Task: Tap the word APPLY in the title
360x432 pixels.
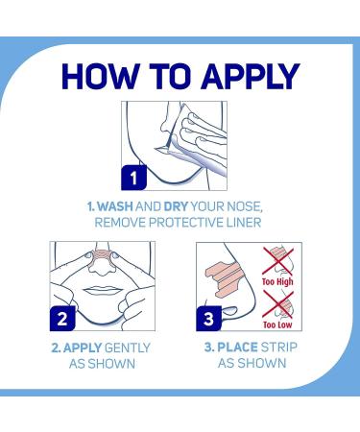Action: click(251, 76)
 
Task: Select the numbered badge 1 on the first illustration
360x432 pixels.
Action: click(133, 178)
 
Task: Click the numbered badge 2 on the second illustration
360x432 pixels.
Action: click(62, 319)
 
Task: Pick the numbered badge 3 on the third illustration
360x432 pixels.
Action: click(208, 319)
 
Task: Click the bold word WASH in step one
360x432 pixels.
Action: click(115, 206)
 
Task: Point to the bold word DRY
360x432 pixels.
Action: click(176, 206)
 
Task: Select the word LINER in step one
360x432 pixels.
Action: click(244, 223)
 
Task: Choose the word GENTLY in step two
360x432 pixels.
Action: click(128, 348)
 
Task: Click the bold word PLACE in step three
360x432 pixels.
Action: click(237, 348)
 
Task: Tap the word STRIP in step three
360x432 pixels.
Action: click(279, 348)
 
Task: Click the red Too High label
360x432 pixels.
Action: click(277, 281)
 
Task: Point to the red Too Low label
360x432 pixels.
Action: click(277, 324)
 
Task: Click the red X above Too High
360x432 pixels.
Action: click(277, 261)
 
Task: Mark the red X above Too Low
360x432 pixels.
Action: click(277, 304)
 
